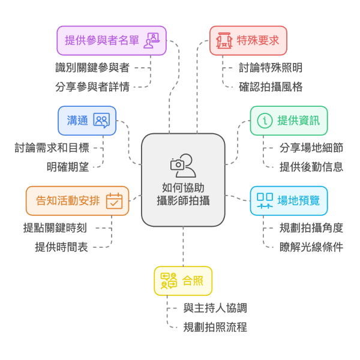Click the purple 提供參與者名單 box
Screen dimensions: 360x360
[111, 41]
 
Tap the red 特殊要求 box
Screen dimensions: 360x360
[248, 41]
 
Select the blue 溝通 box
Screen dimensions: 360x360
[87, 121]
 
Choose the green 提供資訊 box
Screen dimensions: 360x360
[289, 121]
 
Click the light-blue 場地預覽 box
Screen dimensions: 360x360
[289, 200]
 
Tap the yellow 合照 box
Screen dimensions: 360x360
[183, 281]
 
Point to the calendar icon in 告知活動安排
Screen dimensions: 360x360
[114, 200]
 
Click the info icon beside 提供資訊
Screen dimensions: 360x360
[264, 121]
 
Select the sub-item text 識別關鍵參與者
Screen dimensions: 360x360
[92, 68]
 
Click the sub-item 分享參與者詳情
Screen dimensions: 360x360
[92, 86]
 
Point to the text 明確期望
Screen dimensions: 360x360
[67, 167]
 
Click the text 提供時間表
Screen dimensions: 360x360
[61, 247]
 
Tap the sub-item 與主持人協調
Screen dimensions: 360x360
[215, 308]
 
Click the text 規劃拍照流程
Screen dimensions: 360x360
[215, 327]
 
